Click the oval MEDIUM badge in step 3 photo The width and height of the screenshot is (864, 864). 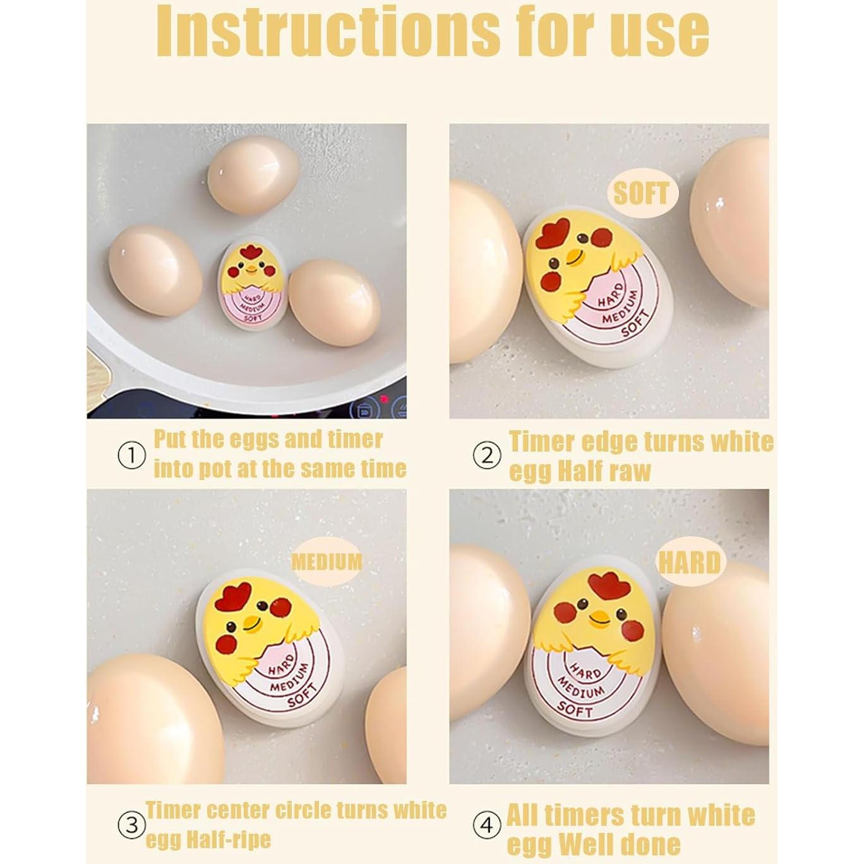327,562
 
